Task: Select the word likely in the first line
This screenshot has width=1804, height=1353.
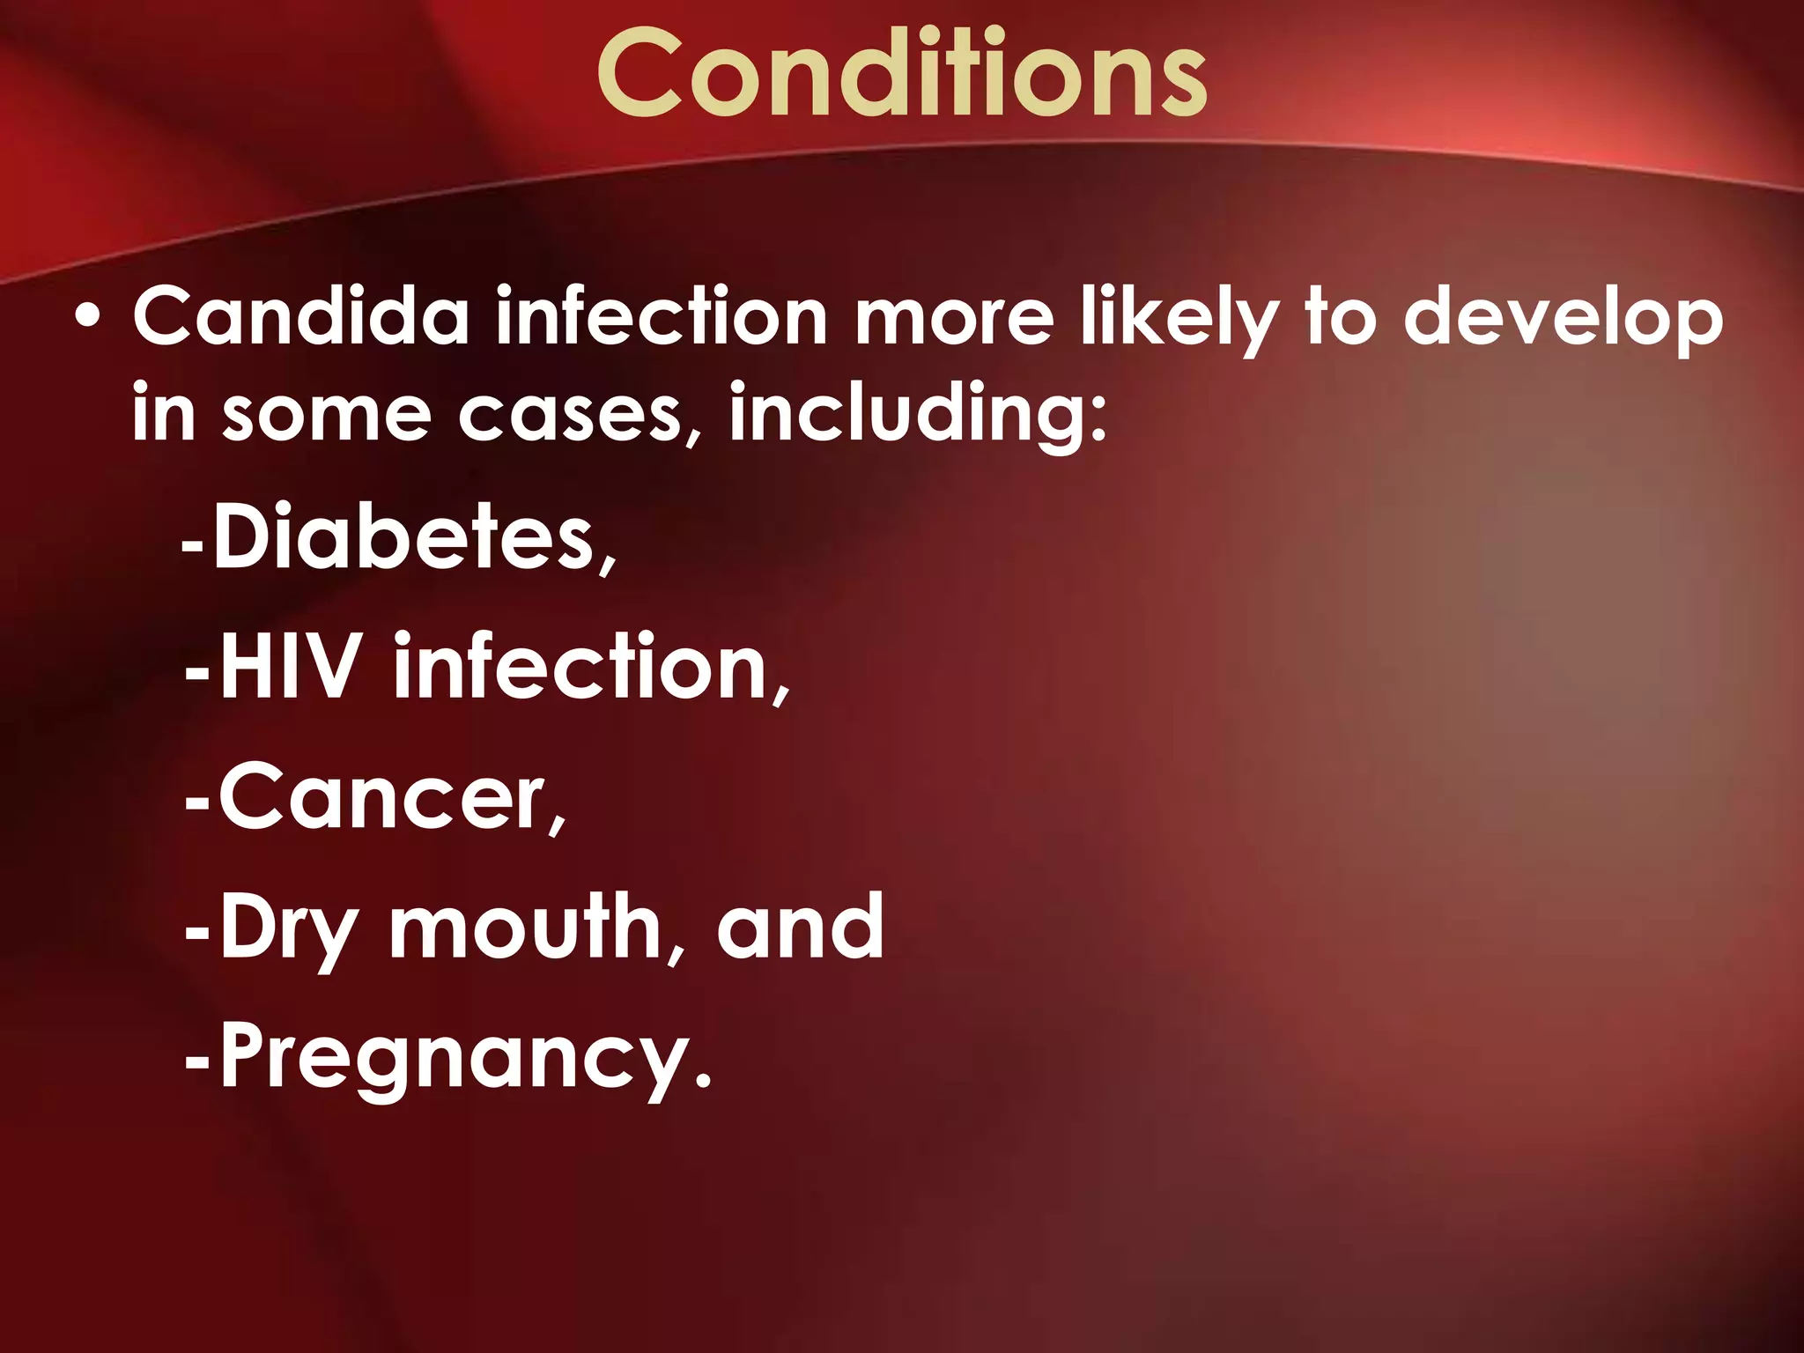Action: coord(1179,319)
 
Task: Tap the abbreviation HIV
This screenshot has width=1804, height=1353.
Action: coord(291,667)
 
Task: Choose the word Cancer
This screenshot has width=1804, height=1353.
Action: coord(383,798)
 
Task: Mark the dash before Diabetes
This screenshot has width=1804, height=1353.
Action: coord(193,546)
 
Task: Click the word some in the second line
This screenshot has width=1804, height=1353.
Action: coord(326,416)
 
